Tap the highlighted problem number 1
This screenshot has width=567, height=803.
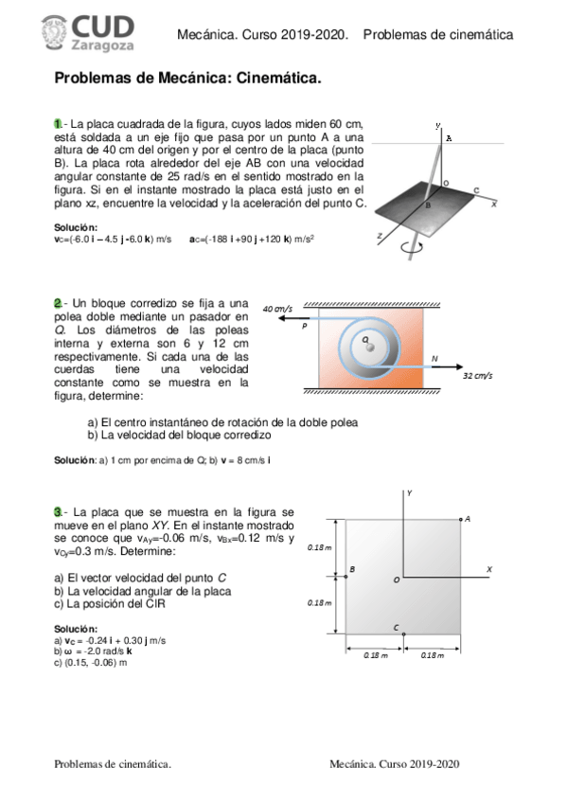(x=58, y=123)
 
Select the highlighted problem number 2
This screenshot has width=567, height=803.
(x=58, y=302)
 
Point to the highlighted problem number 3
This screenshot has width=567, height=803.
(x=58, y=511)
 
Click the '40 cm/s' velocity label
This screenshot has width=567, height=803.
(x=277, y=309)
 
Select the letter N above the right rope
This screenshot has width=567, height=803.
(x=434, y=358)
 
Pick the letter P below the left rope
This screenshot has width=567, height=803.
(x=304, y=326)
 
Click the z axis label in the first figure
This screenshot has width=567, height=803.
(x=380, y=234)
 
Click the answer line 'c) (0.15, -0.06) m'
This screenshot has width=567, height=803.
(x=91, y=663)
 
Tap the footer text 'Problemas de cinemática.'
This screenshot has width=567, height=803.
(x=113, y=762)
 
